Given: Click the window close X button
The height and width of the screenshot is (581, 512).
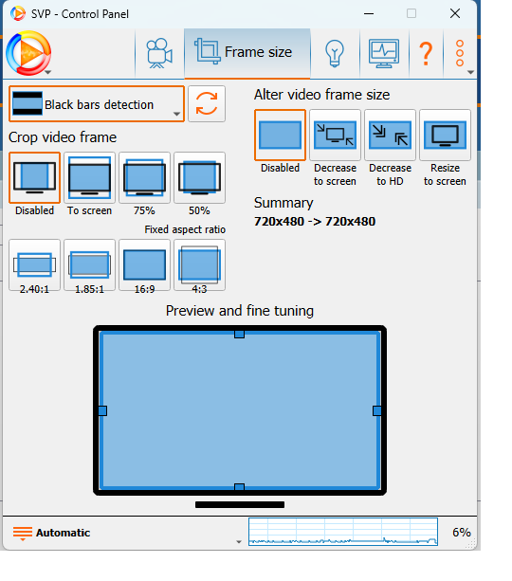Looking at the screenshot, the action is coord(454,13).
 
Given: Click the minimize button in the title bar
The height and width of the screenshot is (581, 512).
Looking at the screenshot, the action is coord(369,13).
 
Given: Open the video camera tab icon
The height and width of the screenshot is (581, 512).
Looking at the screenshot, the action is coord(159,53).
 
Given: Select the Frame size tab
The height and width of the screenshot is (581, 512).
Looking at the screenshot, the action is coord(247,53).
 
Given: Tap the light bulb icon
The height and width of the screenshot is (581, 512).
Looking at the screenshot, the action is coord(335,54).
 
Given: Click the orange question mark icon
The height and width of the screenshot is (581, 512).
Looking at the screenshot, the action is coord(426,54).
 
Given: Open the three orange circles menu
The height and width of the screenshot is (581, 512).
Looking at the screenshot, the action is coord(460,53).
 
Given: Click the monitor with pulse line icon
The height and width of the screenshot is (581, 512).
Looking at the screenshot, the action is coord(384,54).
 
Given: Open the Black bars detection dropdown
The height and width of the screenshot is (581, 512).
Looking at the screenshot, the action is coord(97,104).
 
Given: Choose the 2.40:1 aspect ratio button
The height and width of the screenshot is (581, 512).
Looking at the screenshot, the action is coord(34,265).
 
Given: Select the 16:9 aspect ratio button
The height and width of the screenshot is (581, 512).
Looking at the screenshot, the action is coord(144,265).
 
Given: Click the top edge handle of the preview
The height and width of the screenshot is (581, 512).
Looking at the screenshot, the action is coord(239,335).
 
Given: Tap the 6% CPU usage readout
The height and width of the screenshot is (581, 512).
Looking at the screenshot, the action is coord(461,533).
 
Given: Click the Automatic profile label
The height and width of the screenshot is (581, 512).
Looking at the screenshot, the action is coord(63,533).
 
